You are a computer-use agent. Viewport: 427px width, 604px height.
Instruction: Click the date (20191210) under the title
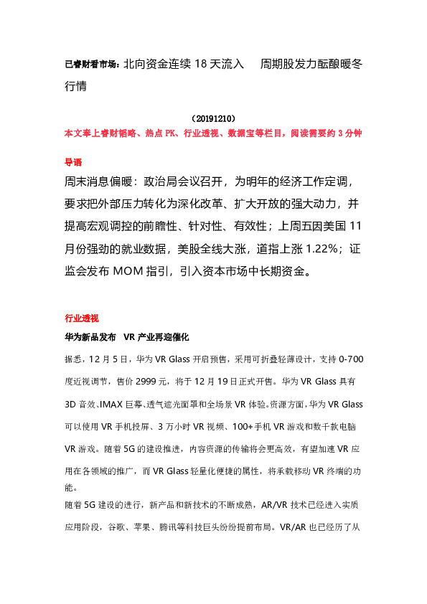pos(213,118)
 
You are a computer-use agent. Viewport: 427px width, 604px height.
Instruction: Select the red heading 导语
pos(73,162)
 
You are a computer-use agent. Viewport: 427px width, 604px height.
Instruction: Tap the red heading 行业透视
pos(81,318)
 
